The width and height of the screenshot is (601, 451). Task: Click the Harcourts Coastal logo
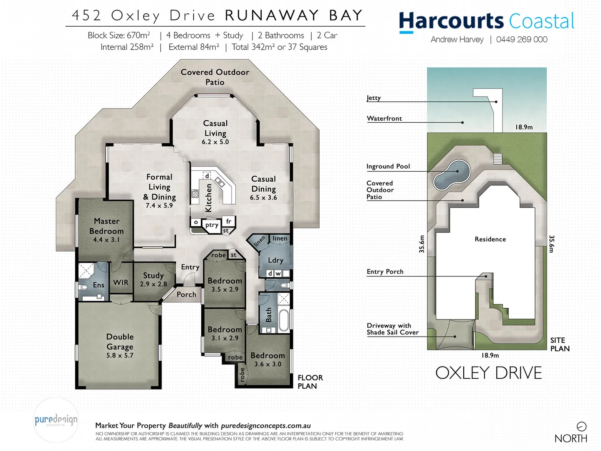[486, 21]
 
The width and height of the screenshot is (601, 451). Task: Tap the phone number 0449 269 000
[522, 40]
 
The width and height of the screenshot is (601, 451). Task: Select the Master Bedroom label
[106, 226]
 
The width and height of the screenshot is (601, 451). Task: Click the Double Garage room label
[120, 342]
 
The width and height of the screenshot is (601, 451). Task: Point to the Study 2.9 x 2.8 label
[153, 279]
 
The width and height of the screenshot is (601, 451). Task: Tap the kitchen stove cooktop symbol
[195, 193]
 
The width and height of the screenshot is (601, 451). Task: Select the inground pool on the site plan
[452, 175]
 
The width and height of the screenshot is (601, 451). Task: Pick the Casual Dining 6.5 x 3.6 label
[263, 188]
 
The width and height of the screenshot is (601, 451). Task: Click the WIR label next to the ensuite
[121, 283]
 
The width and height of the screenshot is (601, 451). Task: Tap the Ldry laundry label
[275, 260]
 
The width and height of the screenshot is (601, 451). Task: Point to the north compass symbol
[581, 426]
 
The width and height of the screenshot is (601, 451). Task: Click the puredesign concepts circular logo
[56, 420]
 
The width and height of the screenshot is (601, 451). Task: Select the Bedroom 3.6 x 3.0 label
[268, 359]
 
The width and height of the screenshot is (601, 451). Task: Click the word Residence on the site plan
[490, 239]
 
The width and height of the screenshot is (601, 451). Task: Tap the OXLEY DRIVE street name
[488, 373]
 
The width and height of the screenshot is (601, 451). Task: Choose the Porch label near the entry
[186, 294]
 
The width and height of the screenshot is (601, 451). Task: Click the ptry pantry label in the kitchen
[212, 225]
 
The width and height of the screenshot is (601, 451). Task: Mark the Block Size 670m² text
[119, 35]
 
